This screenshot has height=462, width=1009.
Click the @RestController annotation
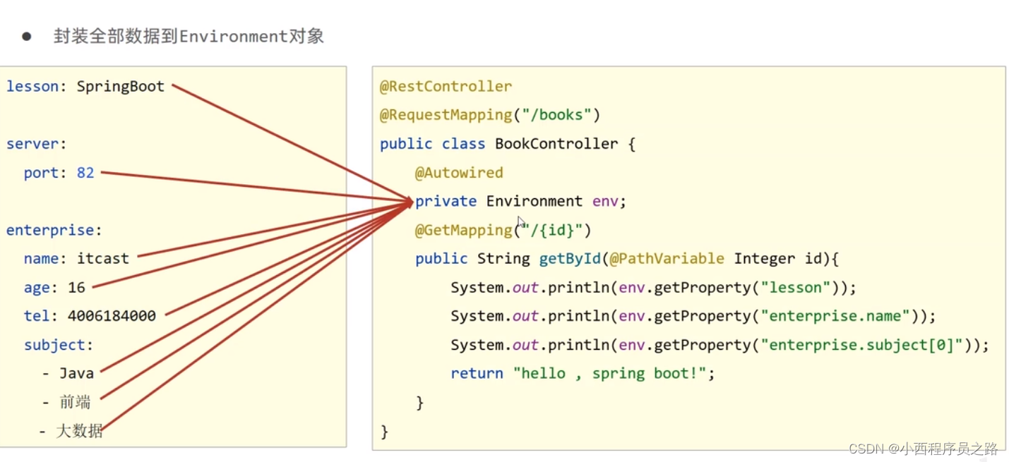pos(446,87)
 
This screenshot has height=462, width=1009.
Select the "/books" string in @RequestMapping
pos(561,115)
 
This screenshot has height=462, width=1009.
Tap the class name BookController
pos(556,144)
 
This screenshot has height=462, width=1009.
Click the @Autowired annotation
pos(459,173)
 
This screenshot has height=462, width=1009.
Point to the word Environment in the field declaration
pos(534,202)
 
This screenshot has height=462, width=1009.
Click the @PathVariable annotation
pos(667,259)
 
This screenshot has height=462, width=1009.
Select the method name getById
pos(570,259)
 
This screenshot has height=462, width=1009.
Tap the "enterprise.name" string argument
pos(835,316)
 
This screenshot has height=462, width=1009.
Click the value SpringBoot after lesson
pos(121,87)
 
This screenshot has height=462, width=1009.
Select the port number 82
pos(85,173)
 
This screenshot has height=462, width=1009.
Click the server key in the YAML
pos(32,144)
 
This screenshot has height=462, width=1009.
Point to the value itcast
pos(103,259)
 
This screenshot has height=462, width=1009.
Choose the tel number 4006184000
pos(112,316)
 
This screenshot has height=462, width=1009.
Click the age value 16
pos(76,288)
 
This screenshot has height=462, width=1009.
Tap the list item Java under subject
pos(76,374)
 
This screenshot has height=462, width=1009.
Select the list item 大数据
pos(80,431)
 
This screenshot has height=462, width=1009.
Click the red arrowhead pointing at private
pos(407,202)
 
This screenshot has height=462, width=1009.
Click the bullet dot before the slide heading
pos(27,37)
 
